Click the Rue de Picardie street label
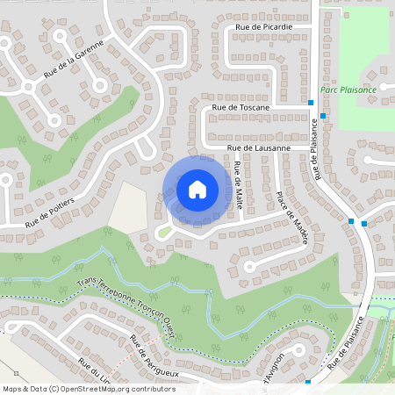(263, 27)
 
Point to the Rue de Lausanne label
(259, 149)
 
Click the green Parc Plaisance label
(348, 90)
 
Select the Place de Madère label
(290, 219)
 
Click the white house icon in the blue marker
(197, 189)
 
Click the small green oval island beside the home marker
(162, 232)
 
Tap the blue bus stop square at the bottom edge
(308, 382)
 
